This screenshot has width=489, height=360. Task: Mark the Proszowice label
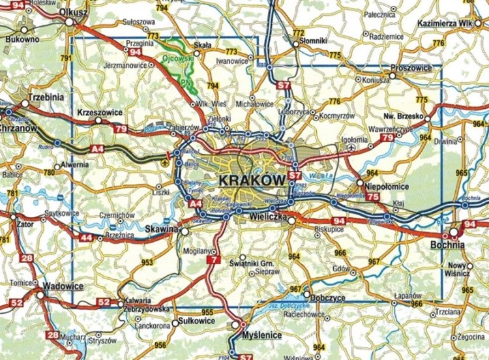(412, 68)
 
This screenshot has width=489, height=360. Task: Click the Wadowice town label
(65, 286)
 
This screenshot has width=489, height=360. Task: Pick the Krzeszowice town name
(100, 112)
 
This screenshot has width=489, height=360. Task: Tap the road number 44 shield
(87, 238)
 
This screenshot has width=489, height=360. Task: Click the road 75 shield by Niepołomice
(372, 196)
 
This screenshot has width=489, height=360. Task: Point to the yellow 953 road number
(148, 263)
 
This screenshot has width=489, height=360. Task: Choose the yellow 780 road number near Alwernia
(48, 172)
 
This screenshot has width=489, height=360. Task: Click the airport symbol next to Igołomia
(353, 148)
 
